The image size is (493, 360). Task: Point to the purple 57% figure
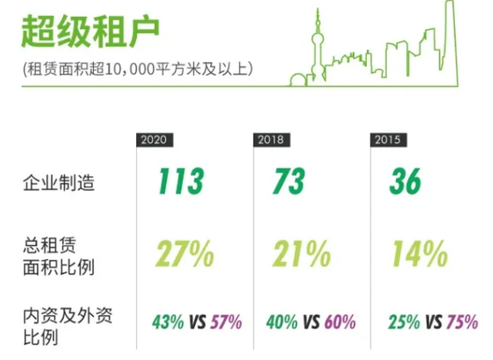click(x=226, y=323)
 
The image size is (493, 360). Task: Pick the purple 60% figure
click(x=339, y=323)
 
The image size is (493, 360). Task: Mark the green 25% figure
click(x=399, y=323)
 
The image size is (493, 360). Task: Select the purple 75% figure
click(x=461, y=323)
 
